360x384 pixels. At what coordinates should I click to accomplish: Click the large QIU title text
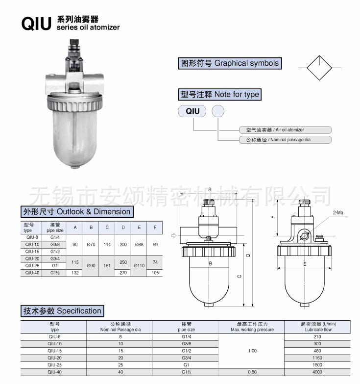(x=36, y=24)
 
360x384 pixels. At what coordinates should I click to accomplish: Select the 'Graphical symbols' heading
(x=230, y=63)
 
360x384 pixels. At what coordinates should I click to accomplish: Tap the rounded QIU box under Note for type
(x=192, y=111)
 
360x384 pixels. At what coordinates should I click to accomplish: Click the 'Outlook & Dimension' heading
(x=77, y=212)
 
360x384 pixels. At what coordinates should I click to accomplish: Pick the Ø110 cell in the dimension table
(x=139, y=265)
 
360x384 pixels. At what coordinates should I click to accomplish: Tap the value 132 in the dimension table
(x=75, y=273)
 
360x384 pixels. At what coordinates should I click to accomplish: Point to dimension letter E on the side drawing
(x=305, y=264)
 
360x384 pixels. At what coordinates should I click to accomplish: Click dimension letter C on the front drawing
(x=240, y=277)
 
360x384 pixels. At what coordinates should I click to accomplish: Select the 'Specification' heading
(x=63, y=311)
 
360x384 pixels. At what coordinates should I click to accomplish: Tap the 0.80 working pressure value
(x=252, y=372)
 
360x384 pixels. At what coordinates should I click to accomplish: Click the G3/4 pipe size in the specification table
(x=186, y=358)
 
